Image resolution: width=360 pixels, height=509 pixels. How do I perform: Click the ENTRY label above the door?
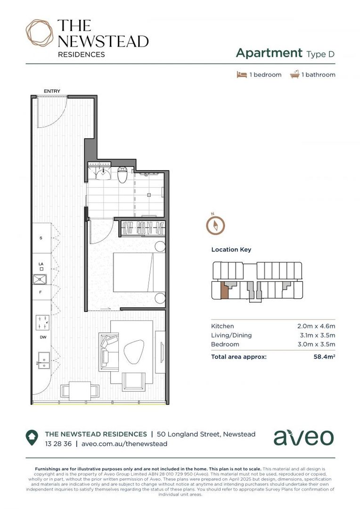click(x=52, y=91)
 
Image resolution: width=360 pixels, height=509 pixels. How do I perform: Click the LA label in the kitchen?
click(x=41, y=264)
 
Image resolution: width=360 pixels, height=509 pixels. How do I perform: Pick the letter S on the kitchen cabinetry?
click(x=41, y=238)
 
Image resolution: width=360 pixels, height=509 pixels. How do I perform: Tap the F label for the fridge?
click(x=41, y=292)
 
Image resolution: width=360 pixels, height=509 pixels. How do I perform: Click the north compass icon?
click(x=215, y=224)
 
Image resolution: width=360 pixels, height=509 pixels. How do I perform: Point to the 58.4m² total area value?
click(x=324, y=357)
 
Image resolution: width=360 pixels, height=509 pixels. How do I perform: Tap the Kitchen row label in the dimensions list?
click(x=222, y=326)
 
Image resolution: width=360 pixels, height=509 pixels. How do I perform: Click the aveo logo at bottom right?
click(x=303, y=437)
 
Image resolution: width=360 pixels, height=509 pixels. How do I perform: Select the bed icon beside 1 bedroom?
click(x=242, y=74)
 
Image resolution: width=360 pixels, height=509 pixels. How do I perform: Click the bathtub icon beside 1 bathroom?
click(x=295, y=74)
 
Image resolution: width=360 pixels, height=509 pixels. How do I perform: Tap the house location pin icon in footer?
click(x=32, y=438)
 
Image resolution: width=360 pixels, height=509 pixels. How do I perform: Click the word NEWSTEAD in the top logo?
click(x=103, y=41)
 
